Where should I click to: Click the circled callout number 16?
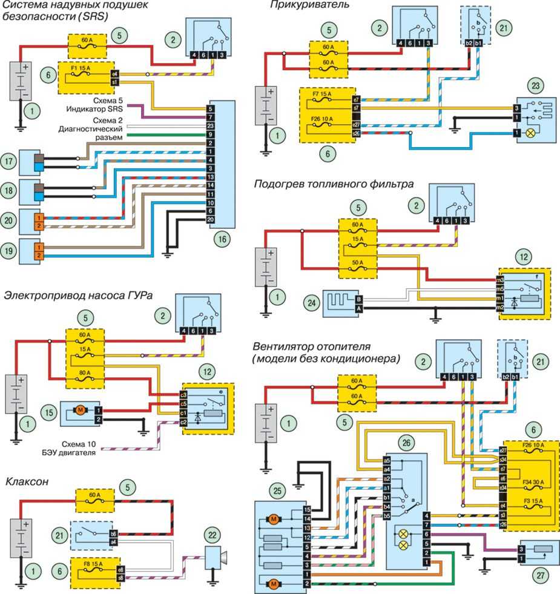222,239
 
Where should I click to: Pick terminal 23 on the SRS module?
210,125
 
